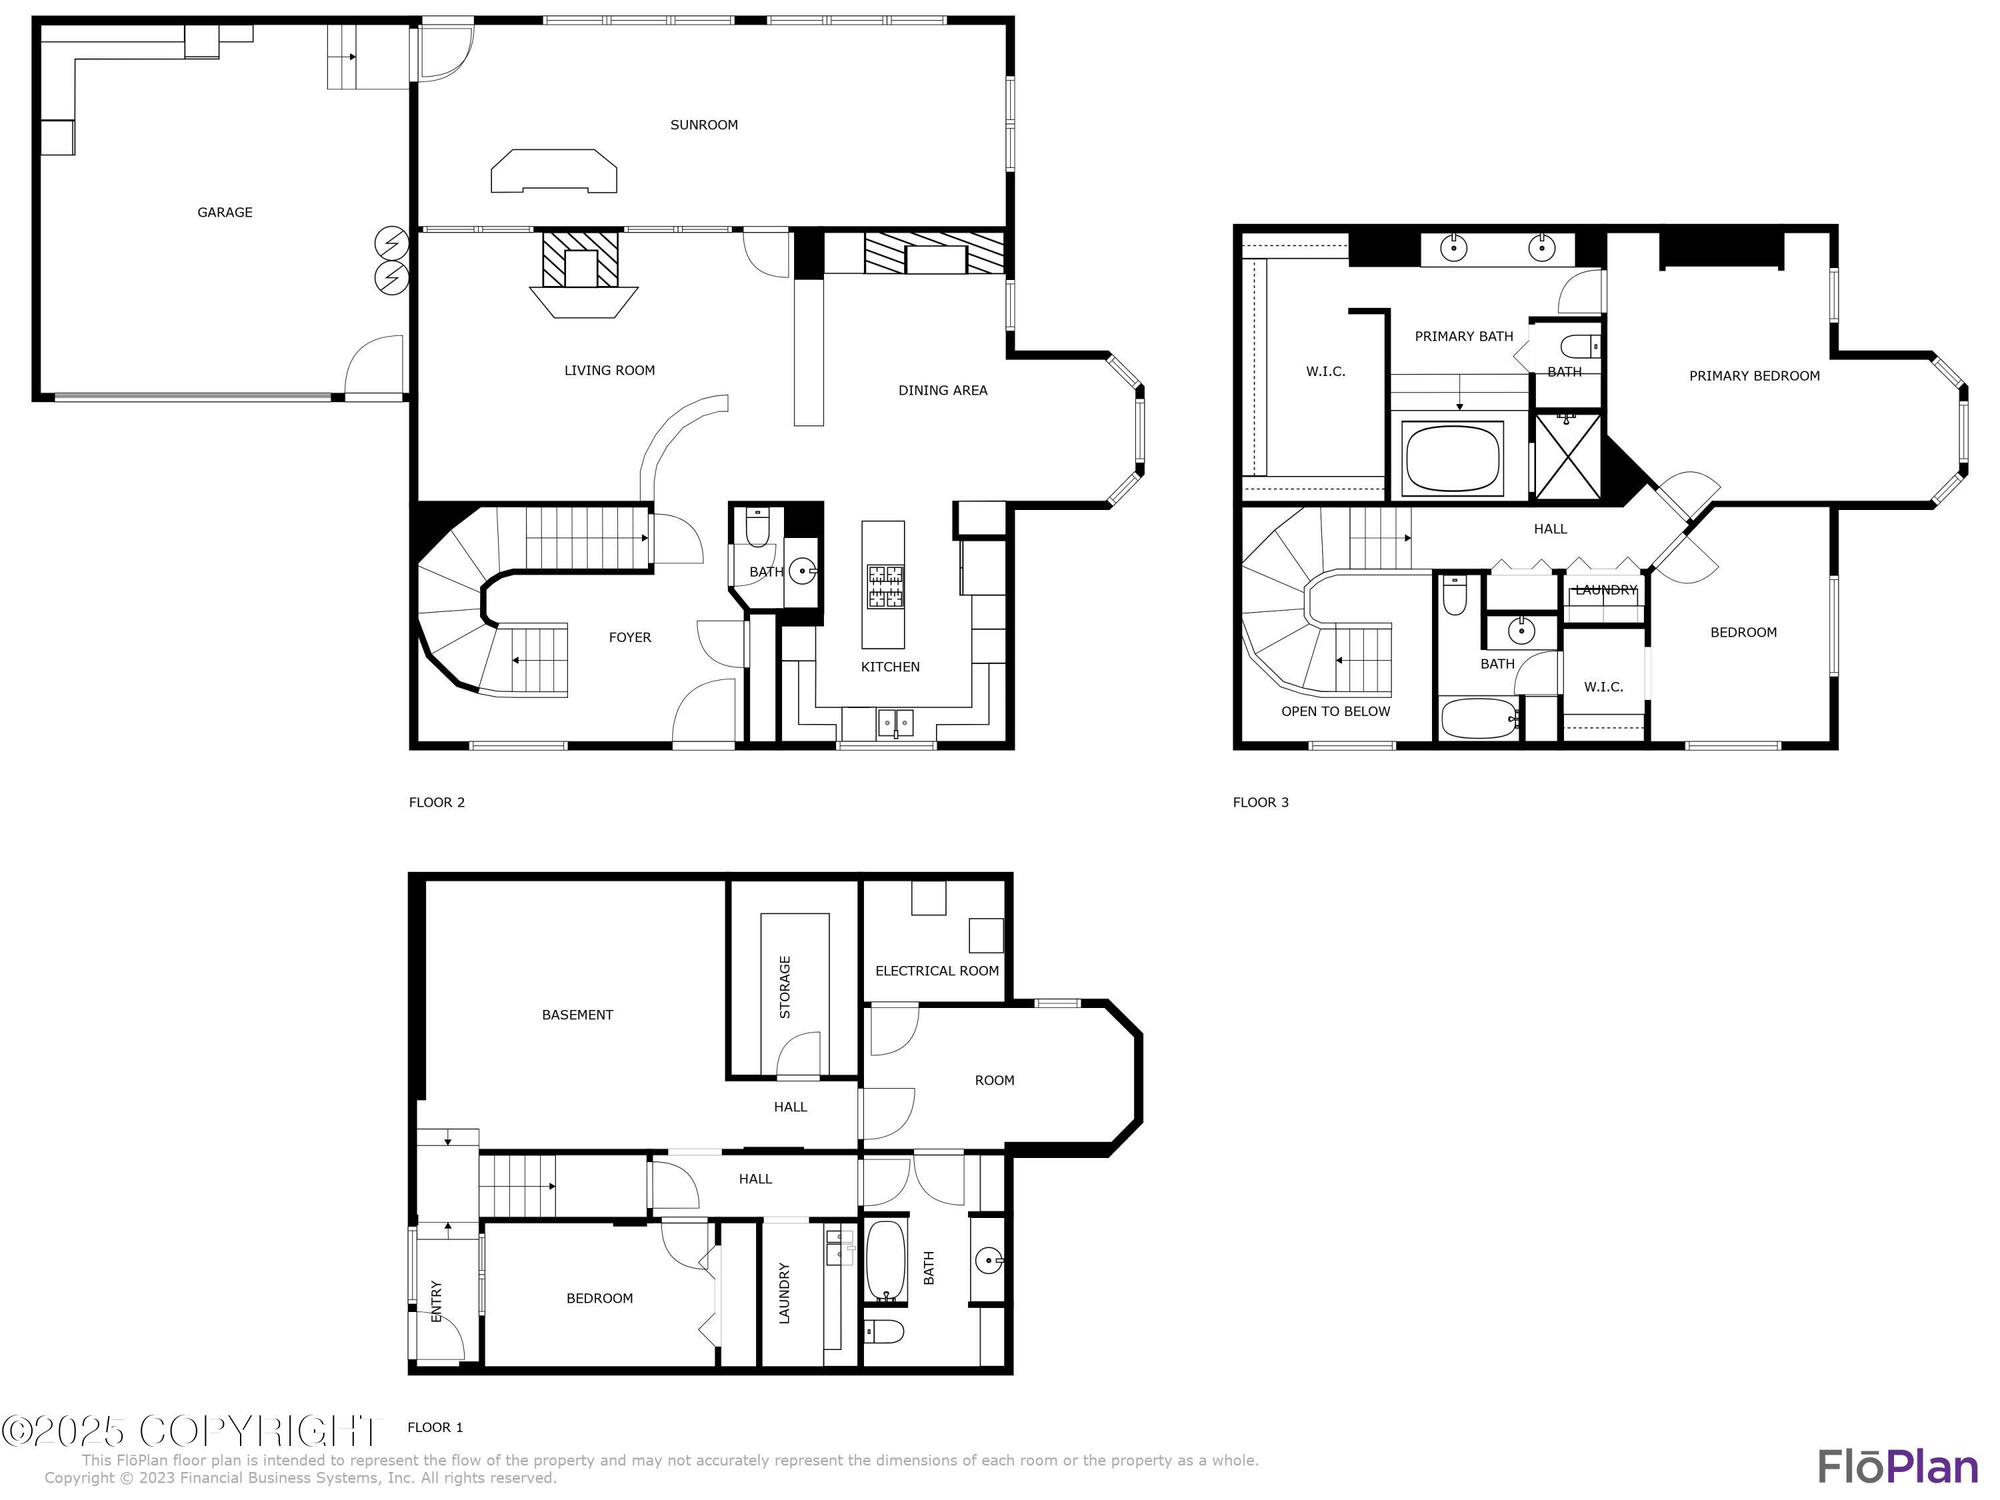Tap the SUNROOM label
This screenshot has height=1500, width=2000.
[703, 125]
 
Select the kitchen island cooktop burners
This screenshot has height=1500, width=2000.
[885, 586]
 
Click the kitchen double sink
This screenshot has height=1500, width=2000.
[895, 723]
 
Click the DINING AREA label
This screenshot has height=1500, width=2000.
[942, 391]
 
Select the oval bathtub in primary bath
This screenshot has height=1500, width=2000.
[1452, 457]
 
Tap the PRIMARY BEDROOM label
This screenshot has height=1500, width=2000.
[1754, 376]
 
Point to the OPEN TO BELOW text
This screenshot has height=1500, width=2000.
[1335, 711]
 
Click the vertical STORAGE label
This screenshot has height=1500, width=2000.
[785, 987]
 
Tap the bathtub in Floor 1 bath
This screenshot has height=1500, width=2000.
[886, 1261]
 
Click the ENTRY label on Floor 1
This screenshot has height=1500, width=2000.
[437, 1301]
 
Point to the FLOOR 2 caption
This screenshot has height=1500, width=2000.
[437, 802]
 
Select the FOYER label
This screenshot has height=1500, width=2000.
[629, 637]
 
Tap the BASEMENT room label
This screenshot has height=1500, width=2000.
[577, 1015]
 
